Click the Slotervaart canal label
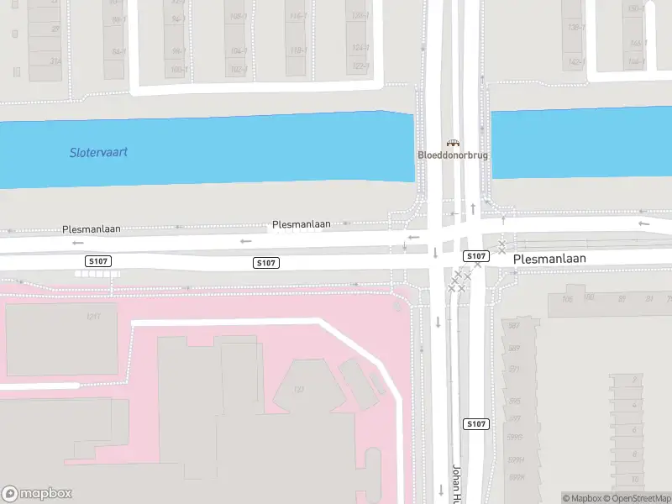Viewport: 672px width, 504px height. point(98,153)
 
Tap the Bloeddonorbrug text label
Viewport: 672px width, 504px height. point(453,155)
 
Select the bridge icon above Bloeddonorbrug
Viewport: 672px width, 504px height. point(453,143)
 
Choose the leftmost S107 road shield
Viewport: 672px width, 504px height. point(97,262)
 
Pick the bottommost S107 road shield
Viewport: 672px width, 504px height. point(475,424)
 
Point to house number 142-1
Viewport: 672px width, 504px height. point(576,62)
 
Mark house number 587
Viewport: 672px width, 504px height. point(512,326)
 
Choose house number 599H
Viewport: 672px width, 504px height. point(517,460)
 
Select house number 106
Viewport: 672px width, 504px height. point(567,298)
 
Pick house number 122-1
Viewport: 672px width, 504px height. point(360,66)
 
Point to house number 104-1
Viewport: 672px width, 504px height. point(239,51)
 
